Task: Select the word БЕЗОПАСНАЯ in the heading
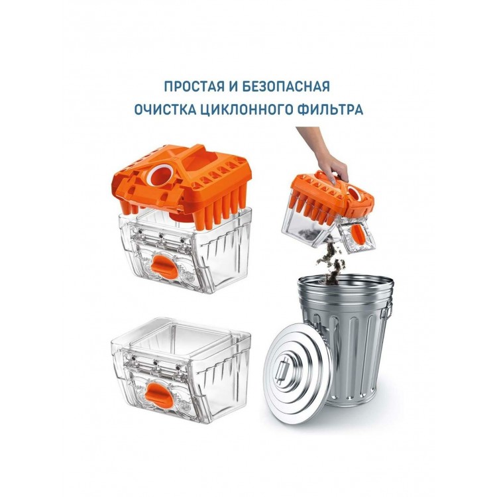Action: click(x=286, y=87)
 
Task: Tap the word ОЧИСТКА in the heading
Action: click(x=161, y=109)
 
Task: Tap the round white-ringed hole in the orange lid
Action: click(x=162, y=176)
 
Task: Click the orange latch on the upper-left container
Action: click(x=163, y=265)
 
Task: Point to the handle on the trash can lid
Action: click(x=282, y=370)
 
